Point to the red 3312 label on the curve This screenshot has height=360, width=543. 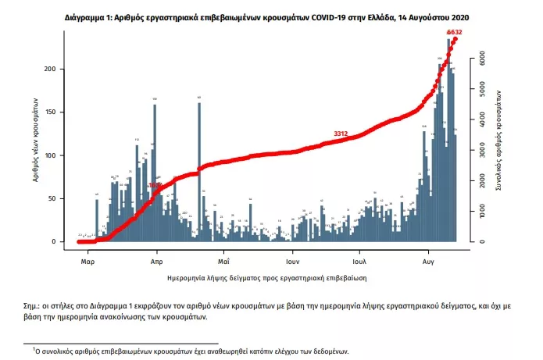(341, 134)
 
